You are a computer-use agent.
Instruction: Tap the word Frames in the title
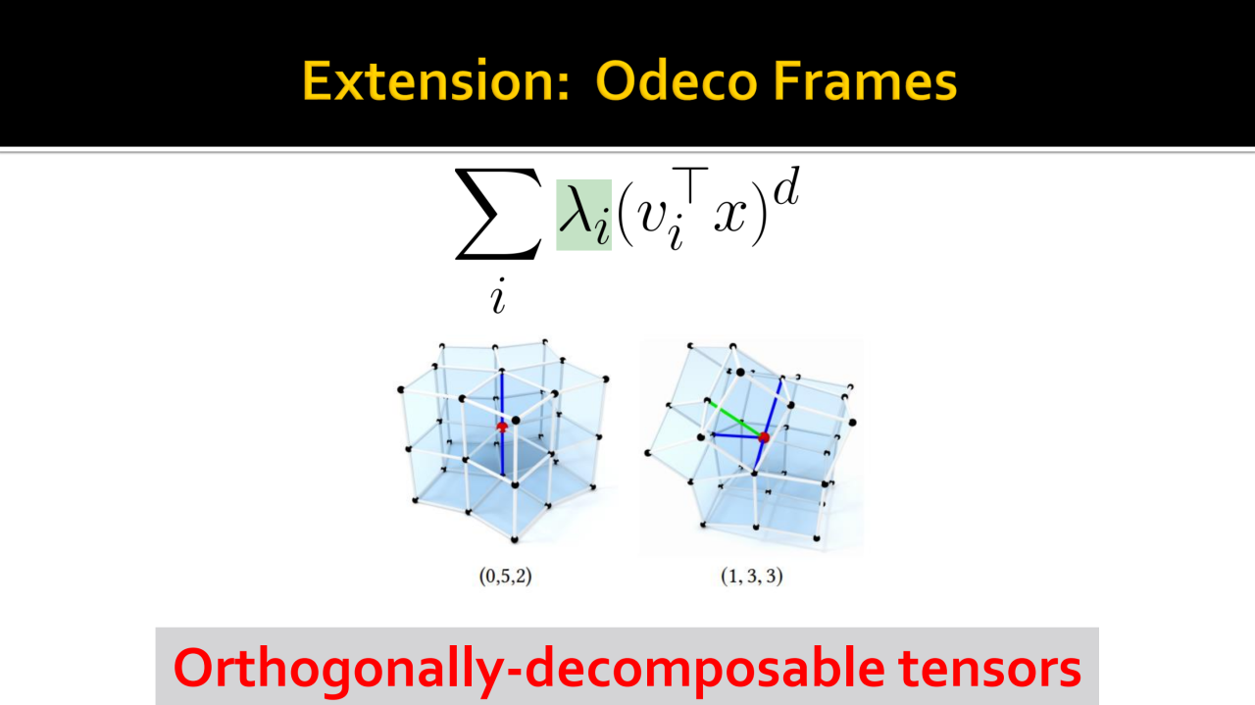tap(865, 81)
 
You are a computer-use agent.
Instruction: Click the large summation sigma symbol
tap(498, 215)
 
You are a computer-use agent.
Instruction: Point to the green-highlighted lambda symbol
tap(583, 215)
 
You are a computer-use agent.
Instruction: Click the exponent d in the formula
tap(785, 186)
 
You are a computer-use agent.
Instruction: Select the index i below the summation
tap(498, 295)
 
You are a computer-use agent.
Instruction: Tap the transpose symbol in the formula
tap(690, 185)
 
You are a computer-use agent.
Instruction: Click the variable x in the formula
tap(730, 214)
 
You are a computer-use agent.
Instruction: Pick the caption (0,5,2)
tap(505, 576)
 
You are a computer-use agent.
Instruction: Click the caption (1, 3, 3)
tap(751, 576)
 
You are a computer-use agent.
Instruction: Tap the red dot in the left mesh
tap(502, 428)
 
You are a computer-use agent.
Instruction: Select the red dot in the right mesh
tap(764, 437)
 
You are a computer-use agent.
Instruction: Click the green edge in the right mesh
tap(735, 419)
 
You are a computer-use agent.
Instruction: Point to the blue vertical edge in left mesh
tap(502, 425)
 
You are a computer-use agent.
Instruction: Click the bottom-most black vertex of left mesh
tap(515, 539)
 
